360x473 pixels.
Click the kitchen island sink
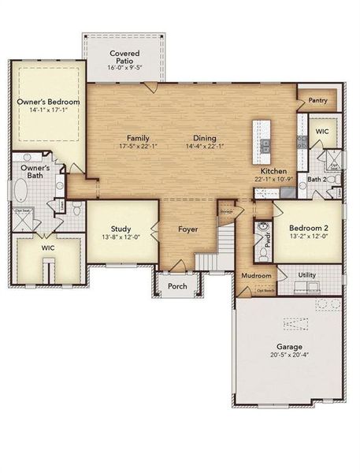click(x=265, y=145)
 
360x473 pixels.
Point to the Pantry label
click(x=317, y=100)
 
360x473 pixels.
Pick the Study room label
click(x=120, y=228)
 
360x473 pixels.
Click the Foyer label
click(x=187, y=229)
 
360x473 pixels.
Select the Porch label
click(x=178, y=286)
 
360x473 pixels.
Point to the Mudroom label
click(x=256, y=276)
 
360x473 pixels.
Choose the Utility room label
click(x=308, y=275)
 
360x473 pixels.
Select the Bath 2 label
click(x=317, y=180)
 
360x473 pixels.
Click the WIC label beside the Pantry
click(x=322, y=132)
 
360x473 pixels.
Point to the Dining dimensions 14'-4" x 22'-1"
click(x=205, y=146)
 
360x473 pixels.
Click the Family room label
click(x=138, y=137)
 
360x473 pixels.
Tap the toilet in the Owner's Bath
click(x=77, y=211)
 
